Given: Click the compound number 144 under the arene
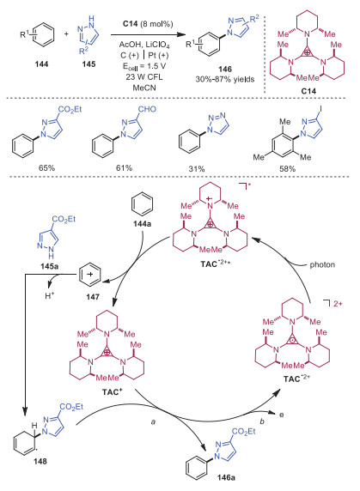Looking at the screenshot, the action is (x=42, y=64).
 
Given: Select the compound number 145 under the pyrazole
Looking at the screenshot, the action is (x=89, y=64).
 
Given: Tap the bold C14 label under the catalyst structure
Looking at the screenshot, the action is (x=308, y=91).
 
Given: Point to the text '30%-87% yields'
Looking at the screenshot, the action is (x=225, y=79).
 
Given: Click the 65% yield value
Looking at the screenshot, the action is (x=46, y=168).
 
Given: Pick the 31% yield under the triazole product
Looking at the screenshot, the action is (x=197, y=169).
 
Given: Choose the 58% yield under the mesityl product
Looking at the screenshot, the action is (x=287, y=169).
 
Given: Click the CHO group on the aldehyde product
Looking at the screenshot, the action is (x=147, y=109).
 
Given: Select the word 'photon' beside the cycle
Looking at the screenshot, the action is (x=322, y=265).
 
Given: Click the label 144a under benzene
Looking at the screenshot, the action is (x=142, y=224).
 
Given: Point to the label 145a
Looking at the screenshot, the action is (x=50, y=266).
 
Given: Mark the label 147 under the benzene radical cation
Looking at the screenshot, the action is (x=93, y=296).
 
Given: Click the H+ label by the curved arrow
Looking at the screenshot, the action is (x=50, y=295).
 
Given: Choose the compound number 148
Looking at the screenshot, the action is (x=40, y=461).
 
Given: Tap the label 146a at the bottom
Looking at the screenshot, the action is (x=226, y=477).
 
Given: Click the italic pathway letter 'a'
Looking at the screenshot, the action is (x=153, y=422).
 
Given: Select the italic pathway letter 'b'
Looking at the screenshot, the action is (x=262, y=421).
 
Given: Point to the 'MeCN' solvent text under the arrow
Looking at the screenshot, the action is (x=144, y=88).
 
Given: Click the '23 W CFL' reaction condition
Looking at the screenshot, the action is (x=144, y=77).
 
